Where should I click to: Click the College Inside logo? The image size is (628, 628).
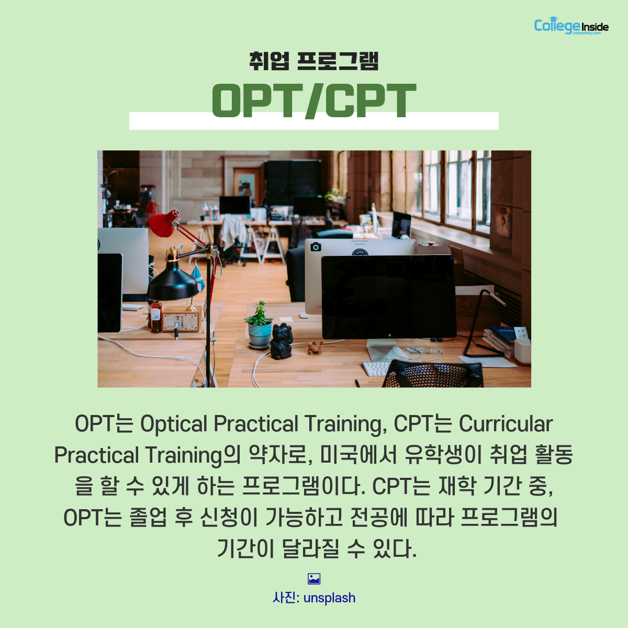click(x=571, y=26)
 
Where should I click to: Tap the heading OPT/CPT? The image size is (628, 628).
click(x=314, y=100)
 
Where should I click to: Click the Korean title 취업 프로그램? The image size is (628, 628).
click(x=314, y=61)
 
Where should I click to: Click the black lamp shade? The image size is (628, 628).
click(x=172, y=284)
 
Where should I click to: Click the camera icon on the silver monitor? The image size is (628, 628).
click(x=315, y=247)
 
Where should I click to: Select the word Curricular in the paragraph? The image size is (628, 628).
click(x=506, y=424)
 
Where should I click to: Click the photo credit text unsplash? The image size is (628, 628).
click(x=329, y=598)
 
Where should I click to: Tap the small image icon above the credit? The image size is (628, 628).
click(x=314, y=579)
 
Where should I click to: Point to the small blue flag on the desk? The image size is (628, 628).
click(x=197, y=278)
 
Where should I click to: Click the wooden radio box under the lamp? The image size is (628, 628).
click(x=182, y=319)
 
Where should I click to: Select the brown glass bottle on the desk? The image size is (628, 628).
click(x=156, y=317)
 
